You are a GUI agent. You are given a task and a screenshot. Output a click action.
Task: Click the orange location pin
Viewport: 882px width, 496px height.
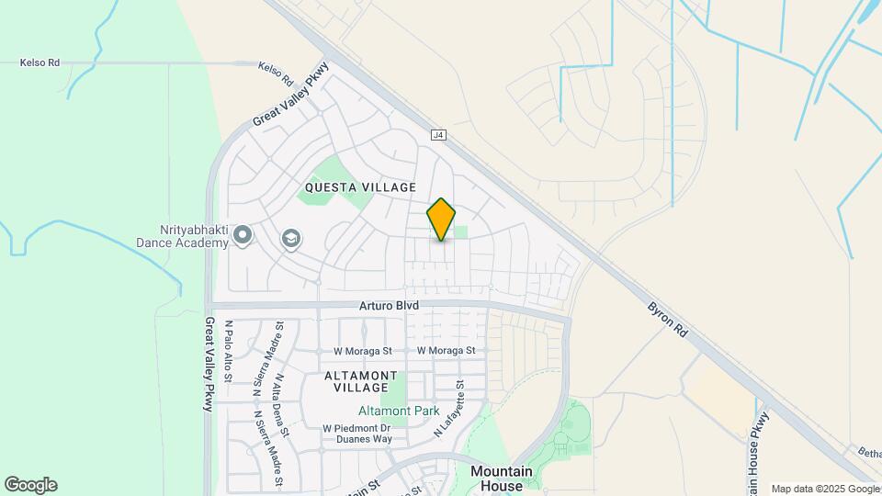pos(441,219)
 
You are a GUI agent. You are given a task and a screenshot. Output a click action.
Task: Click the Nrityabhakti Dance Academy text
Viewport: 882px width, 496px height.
pos(181,237)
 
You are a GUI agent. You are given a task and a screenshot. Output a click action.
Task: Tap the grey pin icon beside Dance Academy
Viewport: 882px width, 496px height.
pos(243,236)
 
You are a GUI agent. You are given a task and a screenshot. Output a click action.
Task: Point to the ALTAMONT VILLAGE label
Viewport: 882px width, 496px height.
pos(361,382)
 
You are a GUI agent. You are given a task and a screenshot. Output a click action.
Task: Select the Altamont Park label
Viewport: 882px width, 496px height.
pos(399,411)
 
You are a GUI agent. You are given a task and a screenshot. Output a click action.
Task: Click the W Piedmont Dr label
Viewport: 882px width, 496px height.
pos(357,428)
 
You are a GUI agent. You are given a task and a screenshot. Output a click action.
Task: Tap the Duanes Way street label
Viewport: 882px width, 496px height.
pos(364,439)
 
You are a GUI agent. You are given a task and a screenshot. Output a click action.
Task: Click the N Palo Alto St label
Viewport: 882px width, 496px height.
pos(229,350)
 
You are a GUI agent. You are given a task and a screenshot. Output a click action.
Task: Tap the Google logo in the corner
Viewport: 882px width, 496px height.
pos(30,485)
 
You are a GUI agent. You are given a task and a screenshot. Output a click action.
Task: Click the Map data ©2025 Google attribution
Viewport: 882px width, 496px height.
pos(824,490)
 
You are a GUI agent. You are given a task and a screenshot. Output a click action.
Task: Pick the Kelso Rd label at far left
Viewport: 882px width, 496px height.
pos(40,63)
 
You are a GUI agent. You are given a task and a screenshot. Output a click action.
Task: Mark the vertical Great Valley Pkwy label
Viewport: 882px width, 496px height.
pos(209,364)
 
